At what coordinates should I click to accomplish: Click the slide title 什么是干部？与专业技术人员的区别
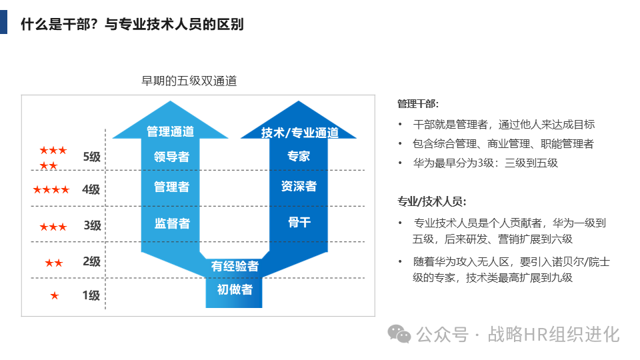point(132,25)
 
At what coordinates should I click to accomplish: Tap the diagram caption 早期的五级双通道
point(189,81)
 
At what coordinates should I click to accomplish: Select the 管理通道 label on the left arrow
point(170,131)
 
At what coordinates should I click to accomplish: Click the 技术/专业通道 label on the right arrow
point(299,133)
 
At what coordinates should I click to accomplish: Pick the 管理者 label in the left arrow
point(171,187)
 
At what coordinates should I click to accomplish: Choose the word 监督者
point(172,223)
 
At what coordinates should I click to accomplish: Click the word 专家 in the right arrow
point(299,157)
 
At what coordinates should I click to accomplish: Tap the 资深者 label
point(299,187)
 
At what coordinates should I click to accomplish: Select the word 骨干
point(299,222)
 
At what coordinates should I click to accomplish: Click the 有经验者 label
point(235,266)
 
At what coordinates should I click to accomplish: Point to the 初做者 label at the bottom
point(235,289)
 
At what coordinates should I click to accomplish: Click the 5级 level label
point(91,157)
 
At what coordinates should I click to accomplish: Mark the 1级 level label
point(91,295)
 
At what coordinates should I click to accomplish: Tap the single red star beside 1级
point(55,295)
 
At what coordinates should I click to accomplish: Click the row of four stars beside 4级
point(51,190)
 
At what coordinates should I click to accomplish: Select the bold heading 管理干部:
point(418,104)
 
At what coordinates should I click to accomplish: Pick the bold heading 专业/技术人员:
point(431,201)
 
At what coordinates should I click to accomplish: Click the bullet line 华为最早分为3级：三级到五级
point(485,163)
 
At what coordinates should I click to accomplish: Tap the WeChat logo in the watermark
point(400,333)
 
